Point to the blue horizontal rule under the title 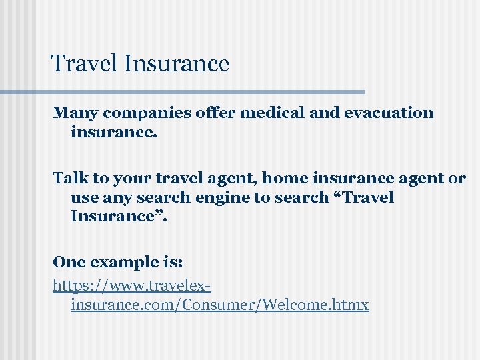point(200,91)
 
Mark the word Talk point(67,178)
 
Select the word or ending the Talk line point(457,178)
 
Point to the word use point(83,197)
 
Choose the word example point(123,261)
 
